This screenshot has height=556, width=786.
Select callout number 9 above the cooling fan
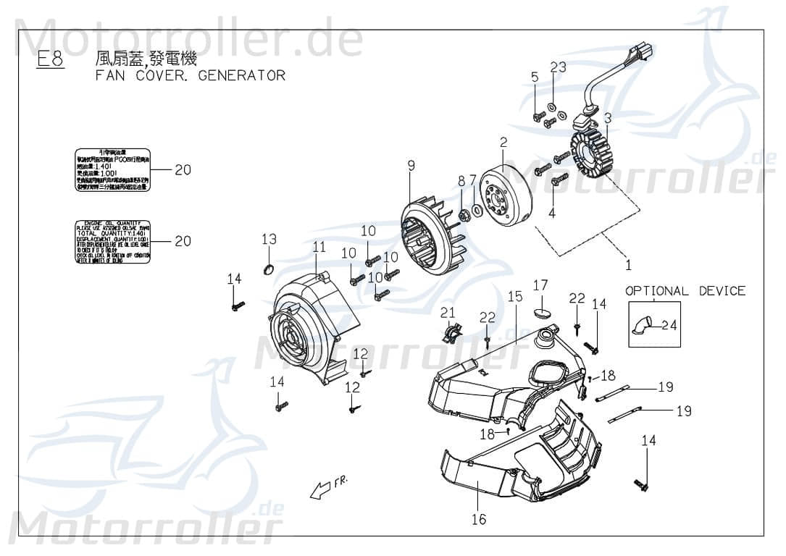click(411, 166)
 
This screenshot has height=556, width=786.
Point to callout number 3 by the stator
click(608, 117)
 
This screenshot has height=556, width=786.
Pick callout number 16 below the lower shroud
click(478, 519)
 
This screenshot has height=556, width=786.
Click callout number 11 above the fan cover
click(319, 247)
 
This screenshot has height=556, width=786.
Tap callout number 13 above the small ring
click(269, 239)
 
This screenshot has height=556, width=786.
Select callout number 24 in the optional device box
click(669, 325)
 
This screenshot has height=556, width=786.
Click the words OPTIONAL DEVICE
click(685, 291)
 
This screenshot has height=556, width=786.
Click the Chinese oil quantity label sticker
click(113, 170)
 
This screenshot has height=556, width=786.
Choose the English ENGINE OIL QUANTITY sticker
click(113, 240)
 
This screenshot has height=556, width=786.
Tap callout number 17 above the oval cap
click(540, 285)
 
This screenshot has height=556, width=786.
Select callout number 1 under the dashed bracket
click(628, 265)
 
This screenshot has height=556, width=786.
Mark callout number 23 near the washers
click(557, 67)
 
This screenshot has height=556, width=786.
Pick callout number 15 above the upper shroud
click(514, 296)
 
